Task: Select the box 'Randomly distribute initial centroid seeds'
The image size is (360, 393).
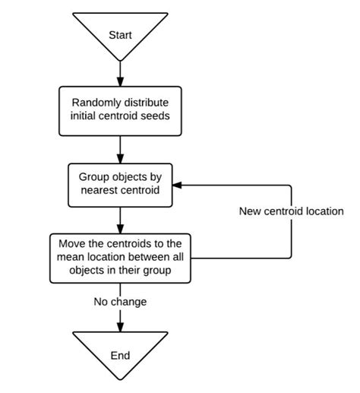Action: point(120,111)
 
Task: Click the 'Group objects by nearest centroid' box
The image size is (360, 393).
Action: point(120,184)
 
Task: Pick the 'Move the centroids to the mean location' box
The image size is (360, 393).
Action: point(120,259)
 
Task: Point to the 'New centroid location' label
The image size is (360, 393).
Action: point(291,211)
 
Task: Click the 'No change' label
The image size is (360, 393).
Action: point(120,302)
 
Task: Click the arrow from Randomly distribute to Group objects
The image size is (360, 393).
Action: point(120,148)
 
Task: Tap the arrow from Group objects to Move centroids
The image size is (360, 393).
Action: point(120,220)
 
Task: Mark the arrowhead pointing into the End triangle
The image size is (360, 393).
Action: point(120,327)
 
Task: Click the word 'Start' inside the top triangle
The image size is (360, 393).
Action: point(120,35)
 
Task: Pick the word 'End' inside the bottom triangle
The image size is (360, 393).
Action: point(120,355)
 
